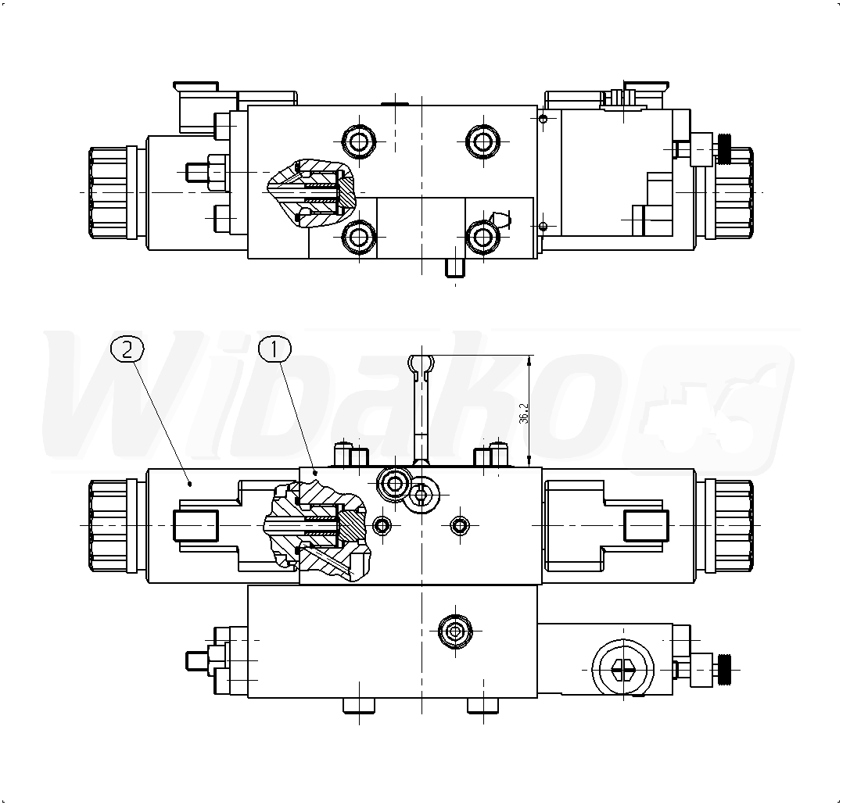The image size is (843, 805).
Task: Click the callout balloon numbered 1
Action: pyautogui.click(x=274, y=349)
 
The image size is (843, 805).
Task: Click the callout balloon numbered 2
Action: pyautogui.click(x=127, y=349)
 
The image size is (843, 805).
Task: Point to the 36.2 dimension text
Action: pyautogui.click(x=524, y=413)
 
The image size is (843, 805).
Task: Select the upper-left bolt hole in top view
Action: pyautogui.click(x=359, y=141)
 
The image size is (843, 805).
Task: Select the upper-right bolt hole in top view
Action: pyautogui.click(x=482, y=141)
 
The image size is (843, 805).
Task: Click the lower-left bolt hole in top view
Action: pyautogui.click(x=359, y=236)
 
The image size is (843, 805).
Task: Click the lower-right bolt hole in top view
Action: pyautogui.click(x=482, y=236)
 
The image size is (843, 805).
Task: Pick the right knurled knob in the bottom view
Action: pyautogui.click(x=731, y=526)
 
